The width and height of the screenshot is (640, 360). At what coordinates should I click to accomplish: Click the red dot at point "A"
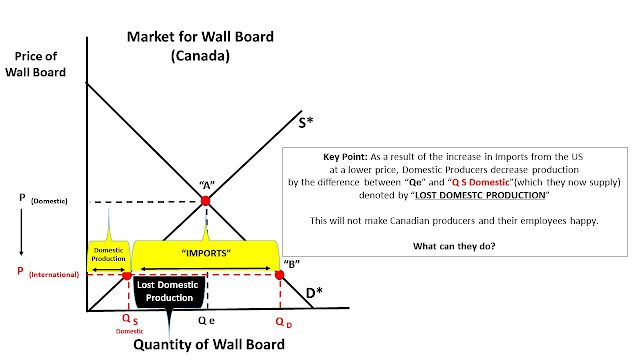(x=205, y=201)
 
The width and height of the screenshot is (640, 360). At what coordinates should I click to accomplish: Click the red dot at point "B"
(x=279, y=275)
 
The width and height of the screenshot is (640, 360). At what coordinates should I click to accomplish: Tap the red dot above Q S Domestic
(x=127, y=276)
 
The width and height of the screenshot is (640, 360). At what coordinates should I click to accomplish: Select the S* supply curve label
(x=306, y=122)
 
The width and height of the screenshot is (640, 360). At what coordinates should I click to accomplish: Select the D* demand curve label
(x=314, y=293)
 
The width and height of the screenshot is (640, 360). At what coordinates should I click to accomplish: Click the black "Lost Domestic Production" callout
(x=168, y=291)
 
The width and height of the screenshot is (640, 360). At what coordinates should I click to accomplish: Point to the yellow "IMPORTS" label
(x=206, y=254)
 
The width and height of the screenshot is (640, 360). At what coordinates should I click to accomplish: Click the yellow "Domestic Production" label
(x=109, y=255)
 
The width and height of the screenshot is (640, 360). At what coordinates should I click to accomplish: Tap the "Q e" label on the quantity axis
(x=206, y=321)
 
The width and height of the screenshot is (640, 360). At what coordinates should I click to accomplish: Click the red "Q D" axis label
(x=284, y=322)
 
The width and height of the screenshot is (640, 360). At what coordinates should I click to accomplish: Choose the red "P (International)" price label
(x=48, y=273)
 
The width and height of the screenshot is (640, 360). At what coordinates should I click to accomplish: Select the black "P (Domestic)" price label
(x=43, y=200)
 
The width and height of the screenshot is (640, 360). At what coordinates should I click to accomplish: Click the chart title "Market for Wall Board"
(x=200, y=37)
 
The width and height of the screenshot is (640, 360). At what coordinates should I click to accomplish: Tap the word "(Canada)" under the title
(x=200, y=56)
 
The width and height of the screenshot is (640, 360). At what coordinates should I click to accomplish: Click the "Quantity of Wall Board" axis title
(x=209, y=344)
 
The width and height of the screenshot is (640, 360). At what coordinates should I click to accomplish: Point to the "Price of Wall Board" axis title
(x=36, y=64)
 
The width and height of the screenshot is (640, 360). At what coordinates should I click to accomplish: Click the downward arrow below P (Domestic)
(x=21, y=232)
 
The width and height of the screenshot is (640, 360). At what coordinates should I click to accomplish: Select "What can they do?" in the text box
(x=454, y=246)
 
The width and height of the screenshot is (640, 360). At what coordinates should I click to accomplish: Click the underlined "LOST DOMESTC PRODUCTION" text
(x=480, y=195)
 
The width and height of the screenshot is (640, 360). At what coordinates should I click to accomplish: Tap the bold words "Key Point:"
(x=345, y=157)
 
